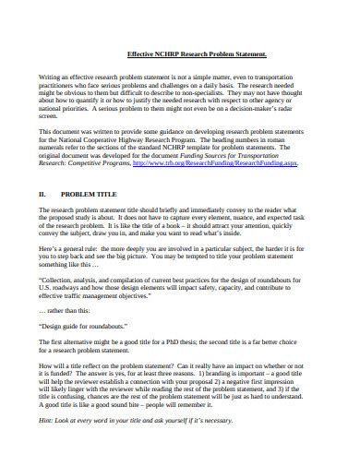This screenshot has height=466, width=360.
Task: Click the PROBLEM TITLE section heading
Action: [x=90, y=196]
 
